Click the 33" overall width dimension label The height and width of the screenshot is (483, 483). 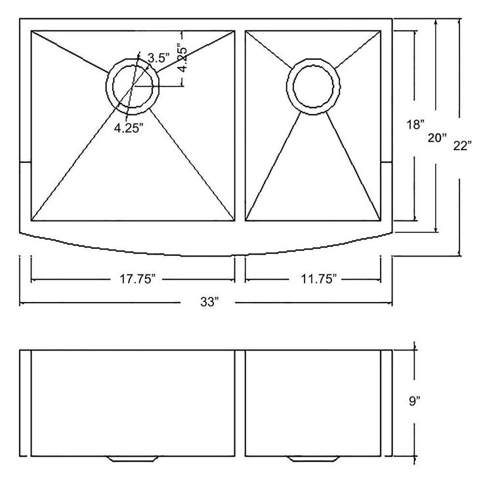209,302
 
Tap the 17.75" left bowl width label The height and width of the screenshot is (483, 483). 137,279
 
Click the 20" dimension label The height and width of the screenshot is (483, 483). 437,137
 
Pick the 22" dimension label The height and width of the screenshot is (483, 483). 462,146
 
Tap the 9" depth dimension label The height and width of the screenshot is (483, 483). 415,401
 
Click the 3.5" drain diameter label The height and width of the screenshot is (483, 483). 159,58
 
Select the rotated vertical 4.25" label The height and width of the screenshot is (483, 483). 182,60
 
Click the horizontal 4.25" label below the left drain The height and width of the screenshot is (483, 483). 129,128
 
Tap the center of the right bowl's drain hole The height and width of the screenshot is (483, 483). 313,87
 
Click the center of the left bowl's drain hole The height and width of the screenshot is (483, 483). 133,87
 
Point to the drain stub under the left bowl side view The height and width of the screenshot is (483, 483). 133,459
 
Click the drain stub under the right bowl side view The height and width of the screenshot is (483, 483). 313,459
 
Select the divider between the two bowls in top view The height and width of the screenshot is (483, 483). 240,126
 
